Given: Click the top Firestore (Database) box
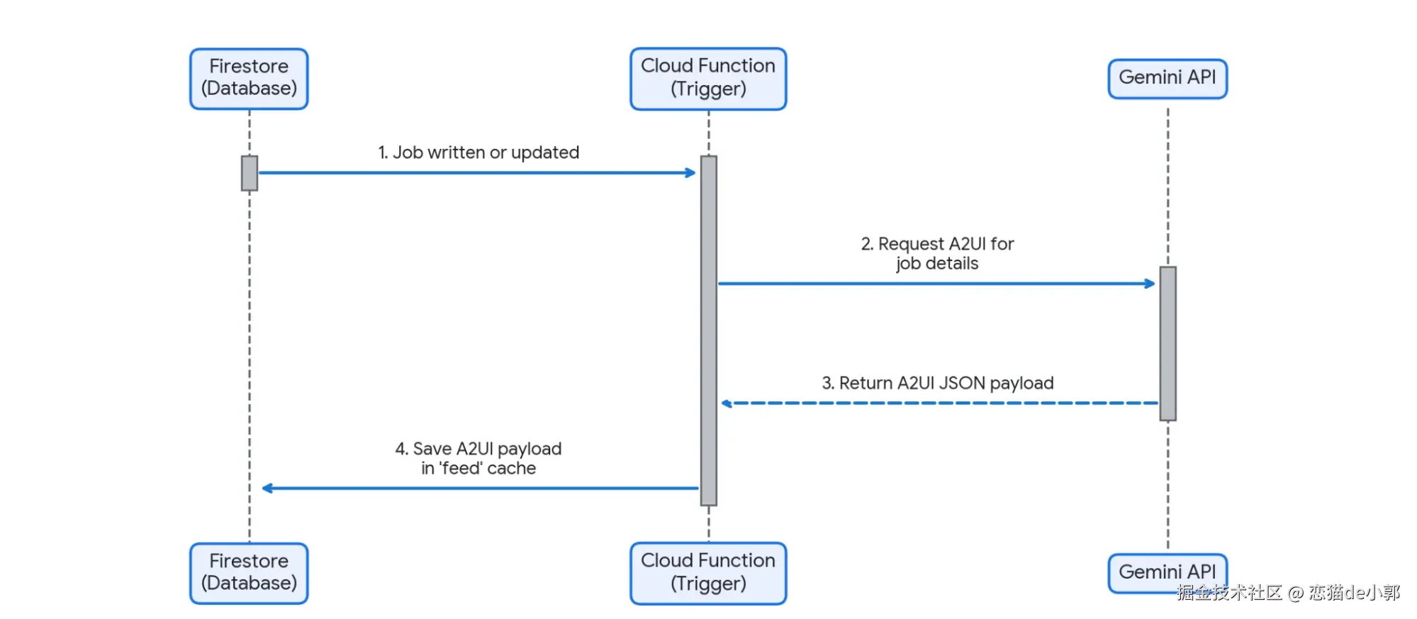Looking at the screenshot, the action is (x=249, y=79).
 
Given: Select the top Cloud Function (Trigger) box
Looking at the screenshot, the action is (x=708, y=79).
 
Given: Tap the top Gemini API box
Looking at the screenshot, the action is (x=1167, y=79).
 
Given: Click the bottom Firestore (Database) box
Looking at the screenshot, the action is (x=249, y=574).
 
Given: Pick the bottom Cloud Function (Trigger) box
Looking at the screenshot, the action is (x=708, y=574).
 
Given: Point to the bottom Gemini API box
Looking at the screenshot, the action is (x=1167, y=573).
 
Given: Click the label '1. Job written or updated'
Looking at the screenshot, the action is (x=478, y=152).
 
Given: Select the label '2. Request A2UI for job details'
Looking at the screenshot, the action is (x=937, y=253).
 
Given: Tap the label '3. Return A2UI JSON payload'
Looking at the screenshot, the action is (x=938, y=383).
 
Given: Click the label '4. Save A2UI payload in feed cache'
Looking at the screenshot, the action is (x=478, y=458).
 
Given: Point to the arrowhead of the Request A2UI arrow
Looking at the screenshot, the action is (x=1150, y=284).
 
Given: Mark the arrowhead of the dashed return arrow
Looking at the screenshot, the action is (x=727, y=403).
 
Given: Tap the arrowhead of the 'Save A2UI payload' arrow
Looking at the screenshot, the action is (x=267, y=488).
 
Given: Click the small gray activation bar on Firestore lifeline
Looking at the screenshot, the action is (x=250, y=173).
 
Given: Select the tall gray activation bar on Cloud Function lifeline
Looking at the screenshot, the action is (x=709, y=330).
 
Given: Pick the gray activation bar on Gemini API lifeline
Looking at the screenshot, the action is (x=1168, y=343).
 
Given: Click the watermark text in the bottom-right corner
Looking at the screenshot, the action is (x=1288, y=592).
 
